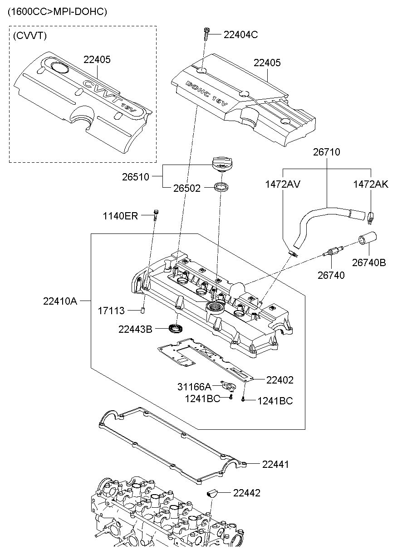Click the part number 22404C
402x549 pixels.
(x=240, y=34)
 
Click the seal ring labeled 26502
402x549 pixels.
(x=221, y=186)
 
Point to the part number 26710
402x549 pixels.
(x=326, y=152)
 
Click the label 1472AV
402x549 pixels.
(x=283, y=184)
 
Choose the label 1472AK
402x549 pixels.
(x=371, y=184)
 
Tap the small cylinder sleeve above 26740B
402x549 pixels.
(x=368, y=239)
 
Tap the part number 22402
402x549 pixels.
(x=280, y=380)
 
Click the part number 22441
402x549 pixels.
(x=275, y=464)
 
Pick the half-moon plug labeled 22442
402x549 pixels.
(x=212, y=492)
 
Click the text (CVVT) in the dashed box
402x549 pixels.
(x=29, y=35)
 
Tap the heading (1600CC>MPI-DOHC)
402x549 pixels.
(x=57, y=12)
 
